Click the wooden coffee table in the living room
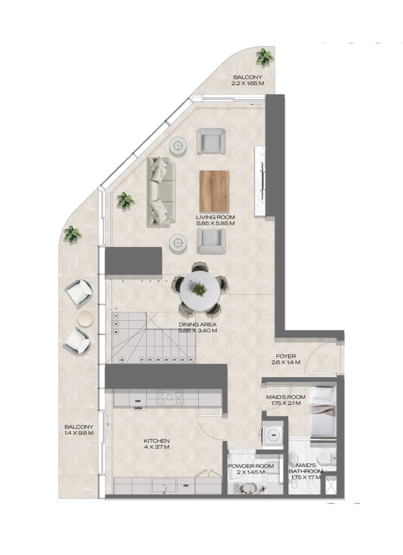point(214,191)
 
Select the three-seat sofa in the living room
point(161,192)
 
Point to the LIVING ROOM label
point(216,216)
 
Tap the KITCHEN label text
point(157,441)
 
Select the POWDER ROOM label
point(246,466)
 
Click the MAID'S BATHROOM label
point(306,468)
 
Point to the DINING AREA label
point(198,325)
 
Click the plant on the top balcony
point(264,56)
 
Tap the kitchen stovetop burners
point(170,398)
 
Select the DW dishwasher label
point(186,486)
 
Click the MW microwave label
point(138,401)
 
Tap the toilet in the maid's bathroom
point(324,461)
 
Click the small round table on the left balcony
point(85,319)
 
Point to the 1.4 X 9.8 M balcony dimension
point(79,433)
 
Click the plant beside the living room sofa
point(126,201)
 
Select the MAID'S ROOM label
point(285,397)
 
